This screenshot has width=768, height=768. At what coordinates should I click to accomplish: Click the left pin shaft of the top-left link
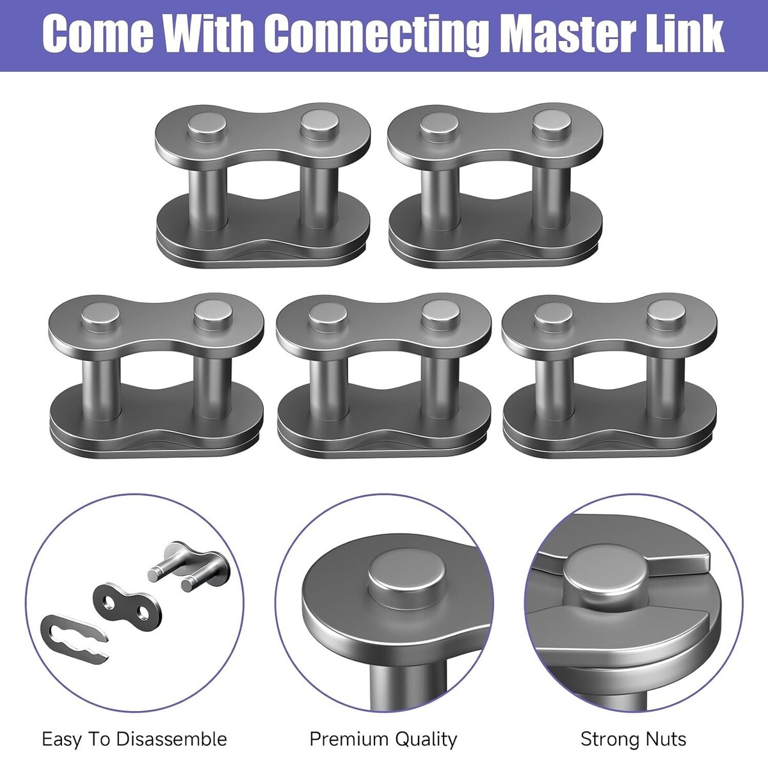(x=207, y=199)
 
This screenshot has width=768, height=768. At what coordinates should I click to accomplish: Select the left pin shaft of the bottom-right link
(x=553, y=388)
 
